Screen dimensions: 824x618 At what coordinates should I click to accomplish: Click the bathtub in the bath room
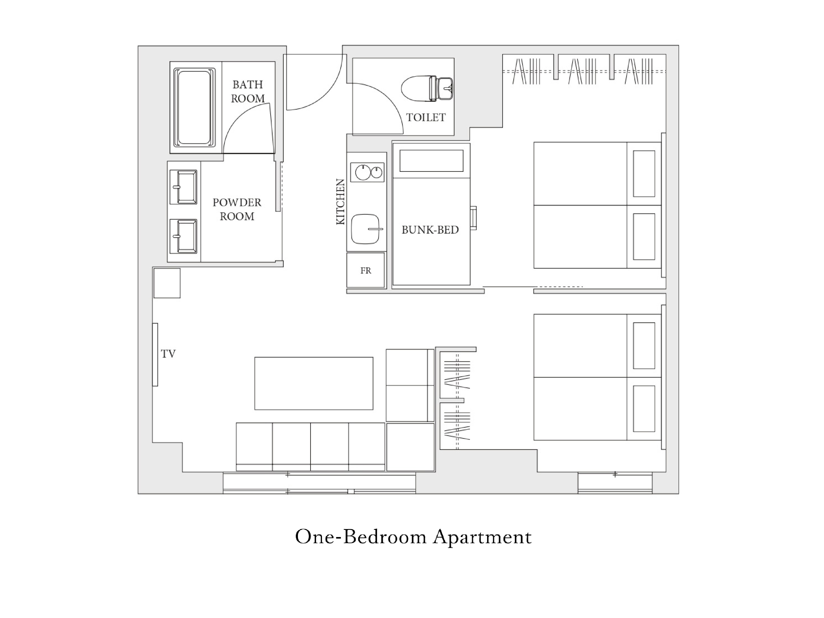tap(194, 107)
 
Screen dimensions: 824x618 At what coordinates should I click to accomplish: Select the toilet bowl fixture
tap(427, 89)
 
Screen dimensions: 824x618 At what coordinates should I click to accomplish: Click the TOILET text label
tap(426, 118)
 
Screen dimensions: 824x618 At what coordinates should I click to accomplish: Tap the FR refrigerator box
tap(365, 270)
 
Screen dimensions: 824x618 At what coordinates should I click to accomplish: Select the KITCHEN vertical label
tap(341, 201)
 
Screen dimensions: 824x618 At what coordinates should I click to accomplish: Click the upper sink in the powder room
tap(183, 187)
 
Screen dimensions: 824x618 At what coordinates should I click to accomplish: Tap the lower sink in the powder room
tap(183, 236)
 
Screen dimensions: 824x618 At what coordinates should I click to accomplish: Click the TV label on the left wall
tap(168, 354)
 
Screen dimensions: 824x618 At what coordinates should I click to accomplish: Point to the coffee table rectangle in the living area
tap(314, 383)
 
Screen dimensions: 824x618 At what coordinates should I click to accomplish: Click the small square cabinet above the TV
tap(167, 283)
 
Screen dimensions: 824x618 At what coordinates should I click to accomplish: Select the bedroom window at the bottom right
tap(615, 483)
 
